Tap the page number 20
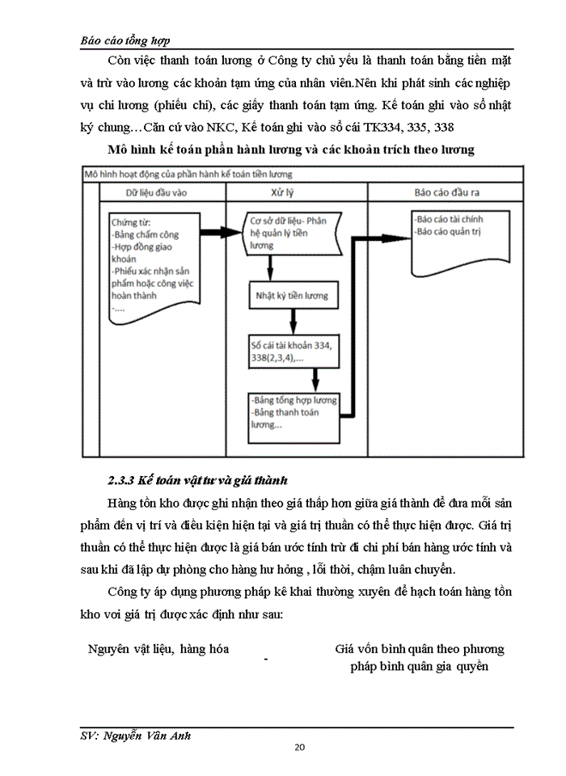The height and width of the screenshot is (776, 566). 299,747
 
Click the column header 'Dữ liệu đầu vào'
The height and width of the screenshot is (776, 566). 162,194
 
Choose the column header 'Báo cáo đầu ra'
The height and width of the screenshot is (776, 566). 446,194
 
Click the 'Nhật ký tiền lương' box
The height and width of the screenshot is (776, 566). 293,296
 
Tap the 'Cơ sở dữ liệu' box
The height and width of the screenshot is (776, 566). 291,233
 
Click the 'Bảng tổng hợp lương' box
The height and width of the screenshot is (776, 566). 293,413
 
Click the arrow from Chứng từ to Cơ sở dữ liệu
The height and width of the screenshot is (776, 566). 220,233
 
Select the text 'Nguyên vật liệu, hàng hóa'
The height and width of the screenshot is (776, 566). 158,649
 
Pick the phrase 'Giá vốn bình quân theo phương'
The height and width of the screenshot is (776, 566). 420,649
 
